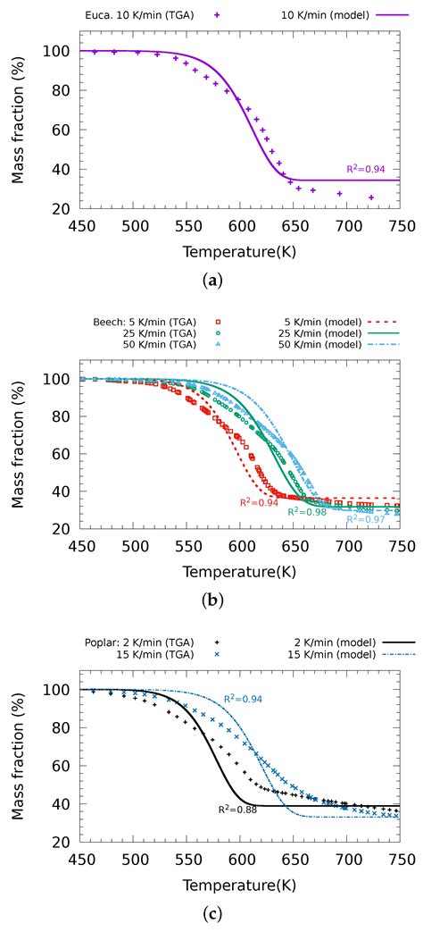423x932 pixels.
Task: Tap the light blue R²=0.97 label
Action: coord(365,518)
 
